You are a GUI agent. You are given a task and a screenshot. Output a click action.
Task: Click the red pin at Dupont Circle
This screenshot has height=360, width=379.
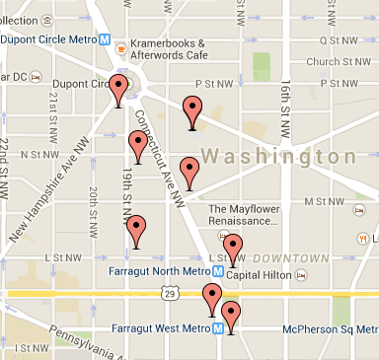click(118, 90)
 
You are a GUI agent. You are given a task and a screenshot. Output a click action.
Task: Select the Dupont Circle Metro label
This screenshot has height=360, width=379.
click(52, 40)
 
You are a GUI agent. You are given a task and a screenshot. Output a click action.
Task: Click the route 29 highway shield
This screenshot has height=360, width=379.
click(172, 294)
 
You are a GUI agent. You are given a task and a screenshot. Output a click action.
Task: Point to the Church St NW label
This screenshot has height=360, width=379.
click(342, 60)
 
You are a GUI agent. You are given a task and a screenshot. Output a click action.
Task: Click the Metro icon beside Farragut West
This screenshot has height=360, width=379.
click(217, 328)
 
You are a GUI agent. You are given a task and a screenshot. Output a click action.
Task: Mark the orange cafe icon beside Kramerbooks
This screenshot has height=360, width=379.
click(120, 44)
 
